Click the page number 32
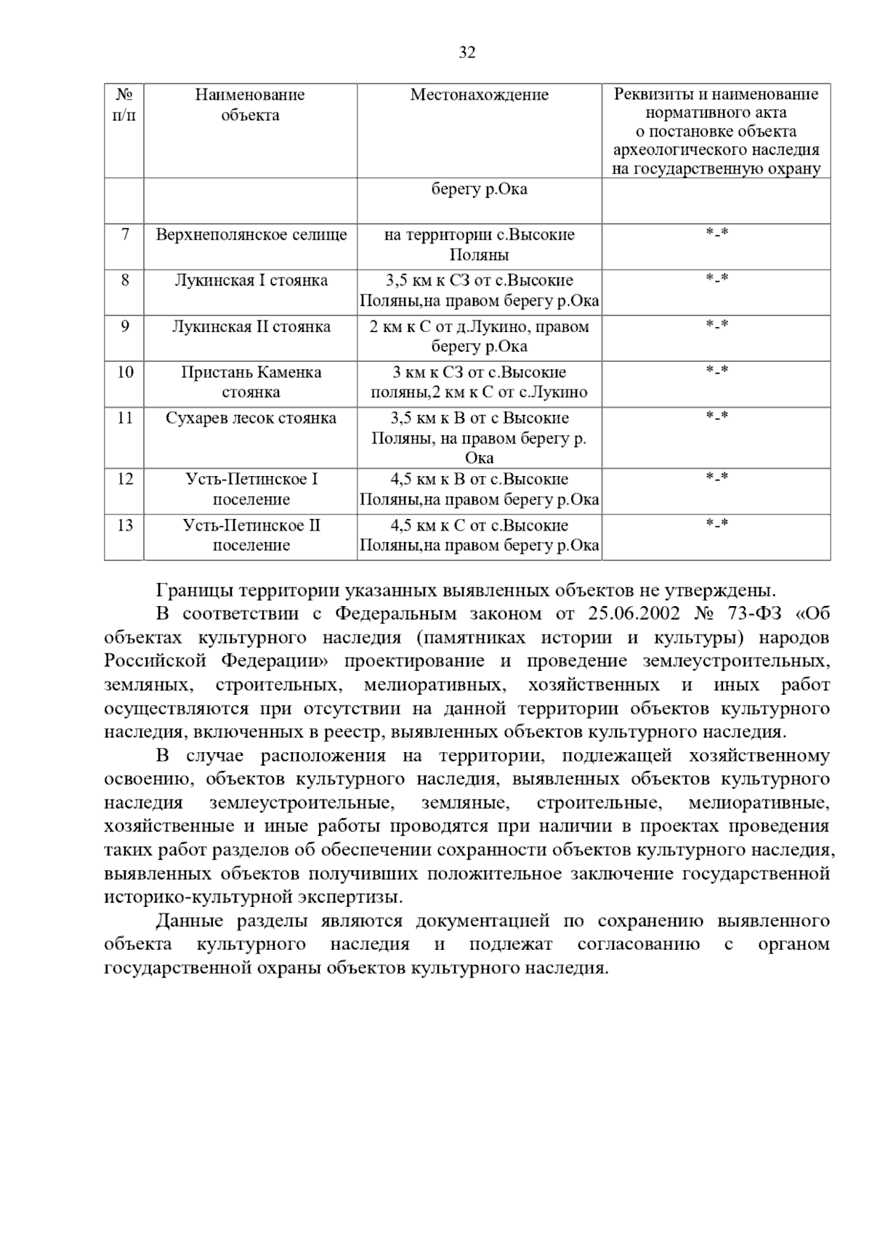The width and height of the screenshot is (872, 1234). pos(467,52)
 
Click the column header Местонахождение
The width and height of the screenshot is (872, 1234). pos(479,95)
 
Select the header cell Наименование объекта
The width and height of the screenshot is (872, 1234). pos(250,105)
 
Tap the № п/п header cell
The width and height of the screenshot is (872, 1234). pos(124,105)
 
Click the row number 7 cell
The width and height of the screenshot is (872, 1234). pos(125,235)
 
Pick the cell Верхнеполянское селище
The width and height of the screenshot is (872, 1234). pos(251,235)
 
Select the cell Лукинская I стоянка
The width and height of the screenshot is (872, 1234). pos(251,281)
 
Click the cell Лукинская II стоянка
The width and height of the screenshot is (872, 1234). pos(251,326)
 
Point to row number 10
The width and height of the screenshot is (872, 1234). pos(125,372)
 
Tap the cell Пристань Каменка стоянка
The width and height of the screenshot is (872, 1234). pos(251,382)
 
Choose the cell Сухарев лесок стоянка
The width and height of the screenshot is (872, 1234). pos(251,418)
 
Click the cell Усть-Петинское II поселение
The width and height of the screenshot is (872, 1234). pos(251,535)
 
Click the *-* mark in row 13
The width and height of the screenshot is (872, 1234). pos(716,524)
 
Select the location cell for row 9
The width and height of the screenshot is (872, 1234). pos(479,336)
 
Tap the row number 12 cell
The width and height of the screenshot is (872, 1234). pos(125,479)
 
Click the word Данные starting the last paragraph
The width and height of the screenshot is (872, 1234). pos(190,922)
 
